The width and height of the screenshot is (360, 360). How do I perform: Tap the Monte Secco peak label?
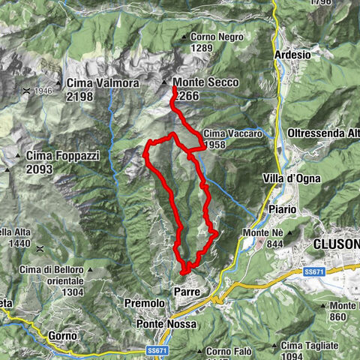point(199,82)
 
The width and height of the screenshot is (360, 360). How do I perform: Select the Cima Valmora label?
point(102,83)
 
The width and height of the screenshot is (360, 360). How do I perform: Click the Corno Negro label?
point(212,37)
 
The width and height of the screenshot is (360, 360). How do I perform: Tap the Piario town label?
point(283,208)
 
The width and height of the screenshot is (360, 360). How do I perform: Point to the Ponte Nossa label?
point(166,324)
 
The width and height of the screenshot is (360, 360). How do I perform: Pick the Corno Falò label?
point(225,351)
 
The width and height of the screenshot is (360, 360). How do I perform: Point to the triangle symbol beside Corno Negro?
point(184,37)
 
